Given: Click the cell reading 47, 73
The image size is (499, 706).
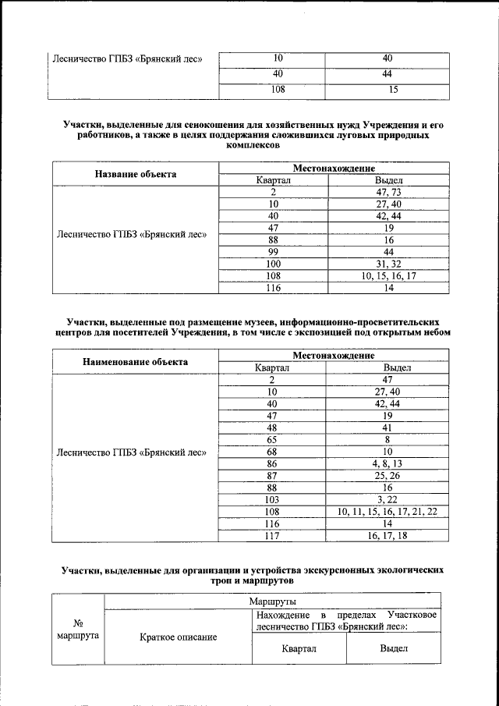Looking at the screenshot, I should [x=388, y=192].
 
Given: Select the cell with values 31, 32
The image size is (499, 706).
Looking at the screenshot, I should [x=388, y=264].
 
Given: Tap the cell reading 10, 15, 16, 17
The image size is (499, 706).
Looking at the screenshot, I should [x=388, y=275].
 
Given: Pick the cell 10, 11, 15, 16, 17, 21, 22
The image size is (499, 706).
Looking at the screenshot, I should [x=387, y=512].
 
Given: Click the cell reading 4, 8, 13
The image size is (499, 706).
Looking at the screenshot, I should [x=387, y=464].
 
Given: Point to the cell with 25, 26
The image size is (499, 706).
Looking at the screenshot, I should [x=387, y=476].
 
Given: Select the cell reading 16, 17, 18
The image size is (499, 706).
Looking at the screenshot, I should [x=387, y=535].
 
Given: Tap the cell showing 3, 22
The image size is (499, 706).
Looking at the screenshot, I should [x=387, y=499].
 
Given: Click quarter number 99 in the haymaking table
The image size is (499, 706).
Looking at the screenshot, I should [x=273, y=252].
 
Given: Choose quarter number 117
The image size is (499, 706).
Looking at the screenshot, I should [x=272, y=535].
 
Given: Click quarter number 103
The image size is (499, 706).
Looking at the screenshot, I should [x=272, y=499].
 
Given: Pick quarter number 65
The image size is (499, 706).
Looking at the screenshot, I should [x=272, y=440].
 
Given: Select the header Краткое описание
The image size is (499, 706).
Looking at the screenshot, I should [x=178, y=637].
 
